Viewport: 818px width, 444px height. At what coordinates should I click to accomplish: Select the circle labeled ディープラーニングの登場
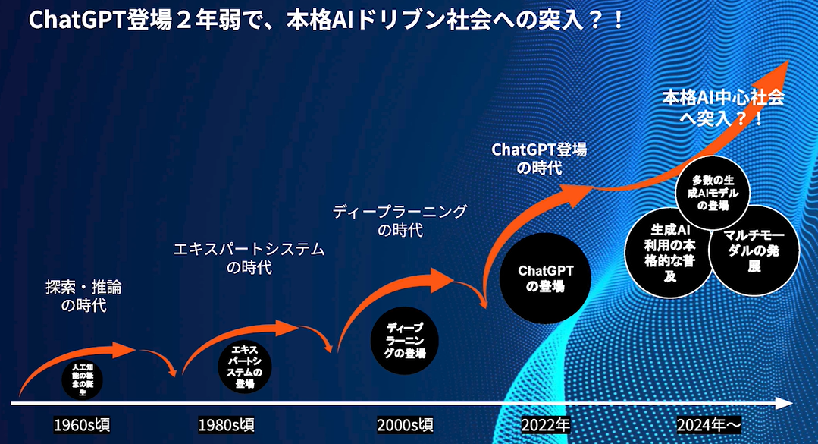[x=405, y=341]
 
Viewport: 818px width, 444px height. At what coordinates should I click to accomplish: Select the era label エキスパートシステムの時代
[x=249, y=258]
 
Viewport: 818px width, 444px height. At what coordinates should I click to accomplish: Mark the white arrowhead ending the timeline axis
[x=786, y=402]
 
